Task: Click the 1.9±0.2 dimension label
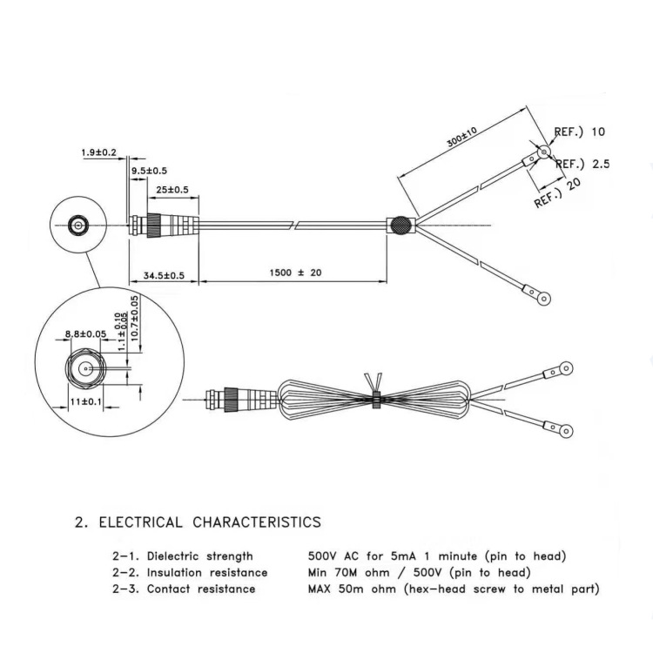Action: pos(98,152)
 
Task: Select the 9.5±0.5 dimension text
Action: pos(149,171)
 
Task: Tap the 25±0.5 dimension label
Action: pos(172,190)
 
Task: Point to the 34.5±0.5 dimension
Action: pos(164,275)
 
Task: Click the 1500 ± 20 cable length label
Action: pos(296,273)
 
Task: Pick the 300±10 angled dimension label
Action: pos(461,138)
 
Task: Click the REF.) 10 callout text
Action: pos(579,132)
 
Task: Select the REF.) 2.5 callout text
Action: pos(582,164)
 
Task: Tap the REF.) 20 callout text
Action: pos(557,192)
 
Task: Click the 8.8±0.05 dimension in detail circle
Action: pos(85,334)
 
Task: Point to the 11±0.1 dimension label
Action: pos(86,402)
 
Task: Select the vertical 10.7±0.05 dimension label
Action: pos(134,318)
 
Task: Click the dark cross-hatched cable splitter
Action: pos(401,225)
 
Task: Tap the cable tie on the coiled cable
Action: pos(376,399)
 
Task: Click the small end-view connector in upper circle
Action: pos(77,226)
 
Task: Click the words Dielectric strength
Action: pos(200,556)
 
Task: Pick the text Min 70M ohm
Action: pos(348,573)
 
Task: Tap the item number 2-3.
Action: pos(125,589)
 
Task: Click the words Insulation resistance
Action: pos(207,573)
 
